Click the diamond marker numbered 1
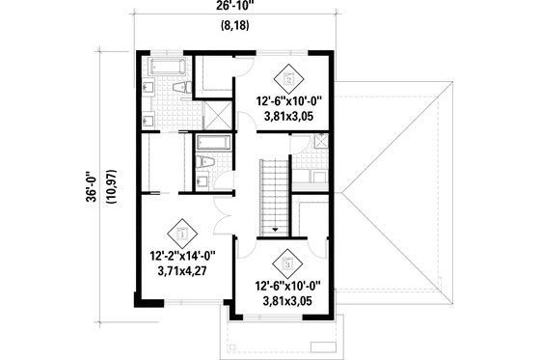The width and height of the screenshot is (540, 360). tap(181, 234)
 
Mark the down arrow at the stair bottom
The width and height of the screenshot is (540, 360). tap(275, 230)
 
